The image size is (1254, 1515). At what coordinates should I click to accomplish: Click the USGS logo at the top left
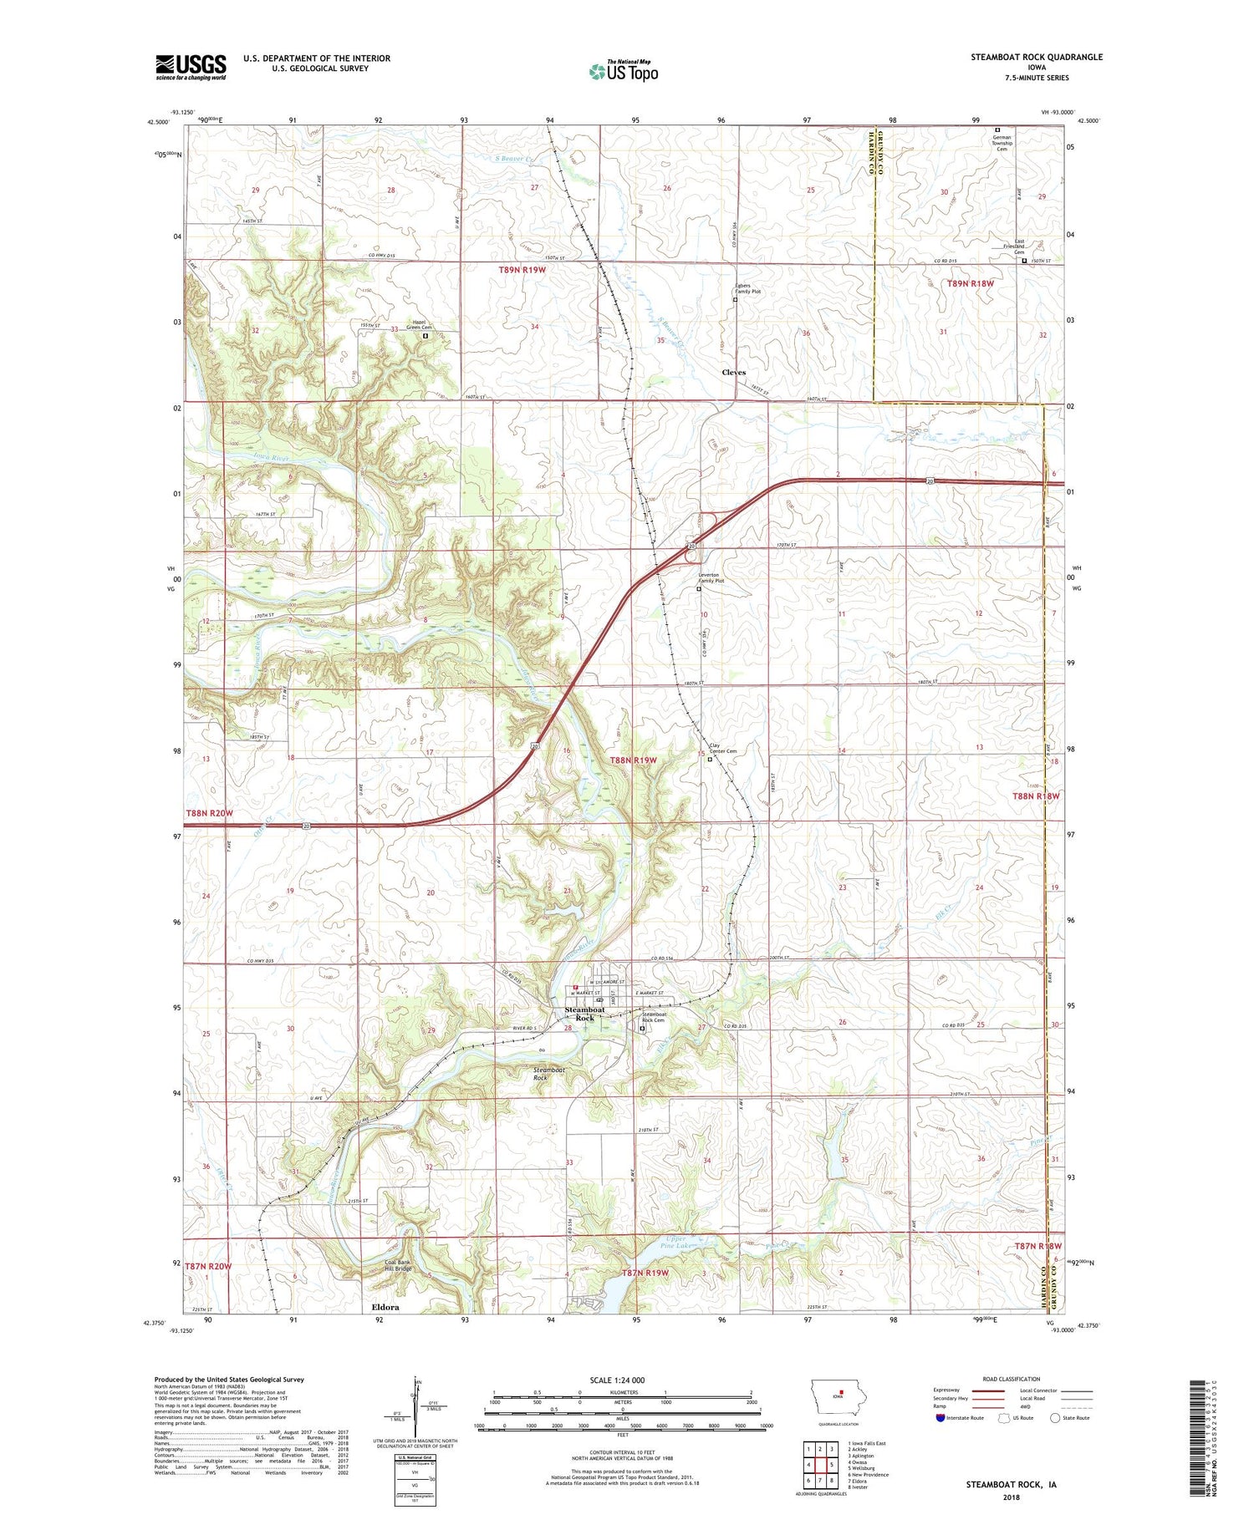(191, 67)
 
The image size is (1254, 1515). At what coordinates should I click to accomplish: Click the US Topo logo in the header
(623, 72)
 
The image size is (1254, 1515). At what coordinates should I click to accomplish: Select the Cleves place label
(733, 372)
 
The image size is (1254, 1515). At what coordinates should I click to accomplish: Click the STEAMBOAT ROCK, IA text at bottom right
(1011, 1484)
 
